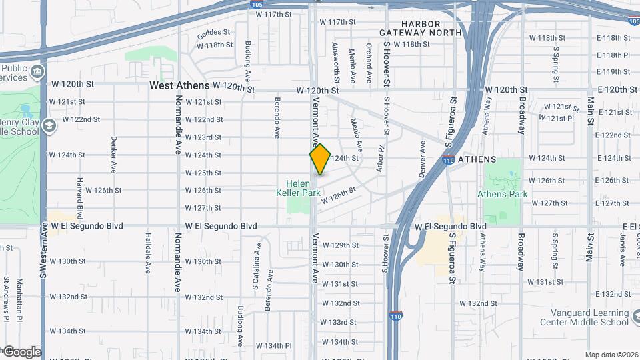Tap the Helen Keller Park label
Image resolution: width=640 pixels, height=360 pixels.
303,187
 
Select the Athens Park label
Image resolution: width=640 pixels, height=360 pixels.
502,194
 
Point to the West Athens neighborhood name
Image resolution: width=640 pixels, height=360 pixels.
179,85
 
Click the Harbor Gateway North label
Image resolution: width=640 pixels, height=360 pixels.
421,28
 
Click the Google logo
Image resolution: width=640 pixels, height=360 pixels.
22,351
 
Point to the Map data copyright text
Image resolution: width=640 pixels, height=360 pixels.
611,355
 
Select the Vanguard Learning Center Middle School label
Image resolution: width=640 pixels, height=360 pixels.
590,317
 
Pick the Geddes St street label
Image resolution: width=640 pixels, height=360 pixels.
213,31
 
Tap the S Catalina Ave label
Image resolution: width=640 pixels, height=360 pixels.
255,265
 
